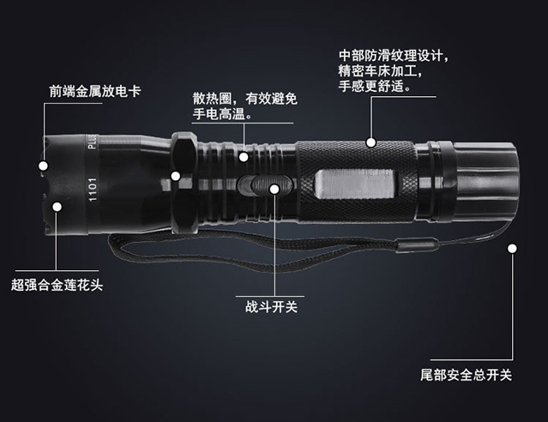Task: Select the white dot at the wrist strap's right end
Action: pyautogui.click(x=513, y=250)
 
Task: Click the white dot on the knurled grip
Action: pyautogui.click(x=371, y=141)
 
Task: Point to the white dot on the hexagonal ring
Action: pyautogui.click(x=175, y=177)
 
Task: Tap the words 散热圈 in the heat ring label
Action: pyautogui.click(x=211, y=96)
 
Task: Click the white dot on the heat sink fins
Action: pyautogui.click(x=244, y=156)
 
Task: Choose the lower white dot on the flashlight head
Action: pyautogui.click(x=56, y=206)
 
